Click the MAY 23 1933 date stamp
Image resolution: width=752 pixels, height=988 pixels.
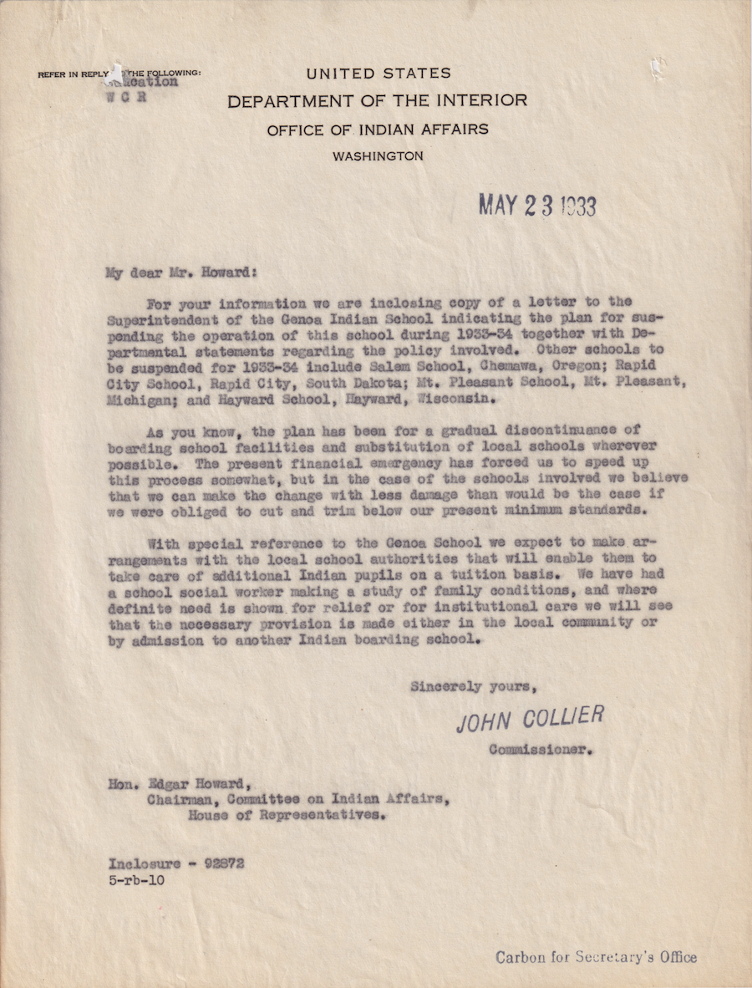coord(536,205)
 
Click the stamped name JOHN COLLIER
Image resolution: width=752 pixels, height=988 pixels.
coord(530,719)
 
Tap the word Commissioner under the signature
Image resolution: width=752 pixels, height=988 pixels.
coord(540,749)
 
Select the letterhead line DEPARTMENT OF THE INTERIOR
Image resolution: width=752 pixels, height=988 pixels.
coord(377,101)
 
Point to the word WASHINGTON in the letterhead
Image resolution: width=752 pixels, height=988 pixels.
coord(377,155)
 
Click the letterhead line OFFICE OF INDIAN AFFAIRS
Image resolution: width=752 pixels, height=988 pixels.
coord(378,130)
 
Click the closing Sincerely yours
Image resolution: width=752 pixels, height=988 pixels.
coord(472,687)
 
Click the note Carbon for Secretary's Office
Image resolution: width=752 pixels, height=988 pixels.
coord(596,957)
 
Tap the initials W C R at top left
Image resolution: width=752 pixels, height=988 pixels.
coord(127,95)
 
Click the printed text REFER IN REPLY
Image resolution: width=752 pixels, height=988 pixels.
coord(74,74)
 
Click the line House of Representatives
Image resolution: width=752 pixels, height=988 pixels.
coord(287,815)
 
